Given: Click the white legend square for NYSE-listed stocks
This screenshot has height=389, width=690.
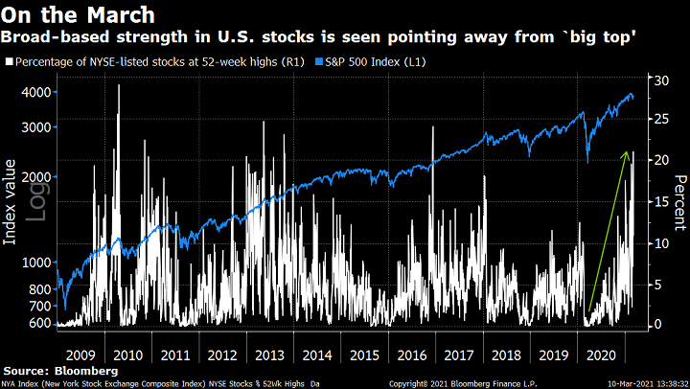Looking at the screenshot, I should click(x=9, y=62).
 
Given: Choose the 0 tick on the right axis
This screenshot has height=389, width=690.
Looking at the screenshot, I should click(x=654, y=325).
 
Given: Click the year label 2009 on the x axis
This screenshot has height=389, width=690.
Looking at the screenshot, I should click(x=80, y=354).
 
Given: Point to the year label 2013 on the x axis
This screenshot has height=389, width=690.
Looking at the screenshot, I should click(x=270, y=354).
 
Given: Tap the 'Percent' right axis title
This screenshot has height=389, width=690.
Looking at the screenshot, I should click(x=680, y=202).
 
